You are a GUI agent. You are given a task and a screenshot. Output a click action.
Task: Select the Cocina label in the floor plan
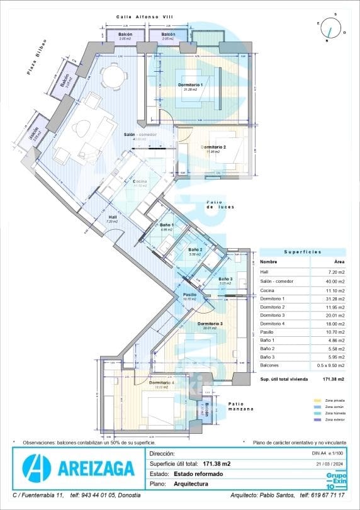tap(140, 182)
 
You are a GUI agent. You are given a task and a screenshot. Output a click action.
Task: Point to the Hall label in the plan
tap(112, 217)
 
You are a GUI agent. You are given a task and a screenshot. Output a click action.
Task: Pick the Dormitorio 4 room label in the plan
tap(162, 383)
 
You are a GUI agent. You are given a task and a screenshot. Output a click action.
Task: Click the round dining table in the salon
tap(113, 76)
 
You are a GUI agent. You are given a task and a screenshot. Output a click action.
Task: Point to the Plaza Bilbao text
tap(38, 60)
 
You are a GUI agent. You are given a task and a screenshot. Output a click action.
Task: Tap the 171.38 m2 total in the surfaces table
tap(332, 380)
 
